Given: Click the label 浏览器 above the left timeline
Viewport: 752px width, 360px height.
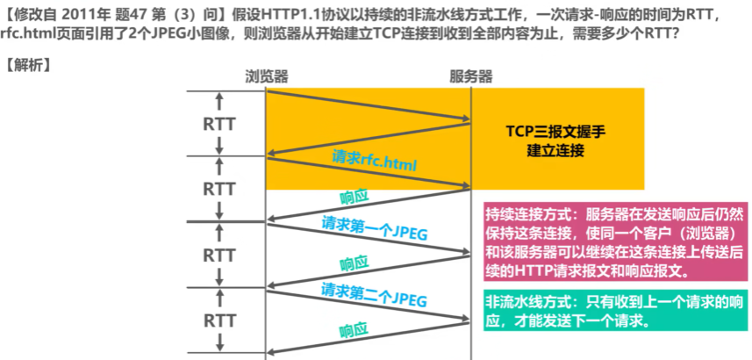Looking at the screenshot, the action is [x=267, y=76].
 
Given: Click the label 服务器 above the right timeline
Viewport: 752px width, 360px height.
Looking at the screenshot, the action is [x=471, y=76].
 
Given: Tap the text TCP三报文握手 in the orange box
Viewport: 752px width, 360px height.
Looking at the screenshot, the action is [x=555, y=132].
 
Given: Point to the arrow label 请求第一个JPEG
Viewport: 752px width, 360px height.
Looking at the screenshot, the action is [x=375, y=228].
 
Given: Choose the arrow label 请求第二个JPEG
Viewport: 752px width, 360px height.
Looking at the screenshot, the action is [x=374, y=294].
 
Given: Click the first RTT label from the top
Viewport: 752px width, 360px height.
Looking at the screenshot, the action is [x=218, y=125].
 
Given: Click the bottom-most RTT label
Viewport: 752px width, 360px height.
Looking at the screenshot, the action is [x=218, y=320].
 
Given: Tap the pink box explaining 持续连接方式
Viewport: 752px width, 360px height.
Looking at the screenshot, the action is [x=615, y=241].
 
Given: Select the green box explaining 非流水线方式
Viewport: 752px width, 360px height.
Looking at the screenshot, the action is [x=615, y=311].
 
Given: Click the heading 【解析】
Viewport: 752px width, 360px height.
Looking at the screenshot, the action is [x=28, y=65].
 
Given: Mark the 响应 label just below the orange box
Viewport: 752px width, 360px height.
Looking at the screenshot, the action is [x=354, y=198].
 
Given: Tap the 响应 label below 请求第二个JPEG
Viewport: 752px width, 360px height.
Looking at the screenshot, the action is [x=354, y=330].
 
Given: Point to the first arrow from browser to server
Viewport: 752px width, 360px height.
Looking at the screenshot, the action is [x=369, y=104].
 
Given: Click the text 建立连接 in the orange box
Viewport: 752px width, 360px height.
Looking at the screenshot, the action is [x=555, y=150].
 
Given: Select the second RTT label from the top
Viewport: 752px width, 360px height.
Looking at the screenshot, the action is [x=218, y=189].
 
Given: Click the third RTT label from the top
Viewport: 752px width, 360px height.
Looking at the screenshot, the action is [x=218, y=255].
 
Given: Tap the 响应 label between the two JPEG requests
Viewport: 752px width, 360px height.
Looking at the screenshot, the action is [x=354, y=264].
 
